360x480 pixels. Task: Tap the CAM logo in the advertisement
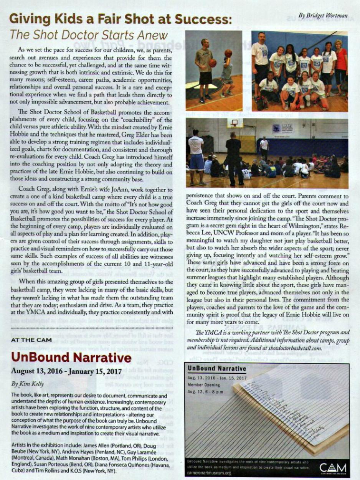332,468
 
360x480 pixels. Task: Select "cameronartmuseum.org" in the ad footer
207,475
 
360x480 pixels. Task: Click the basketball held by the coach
213,63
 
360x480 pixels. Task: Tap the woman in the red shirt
341,65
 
